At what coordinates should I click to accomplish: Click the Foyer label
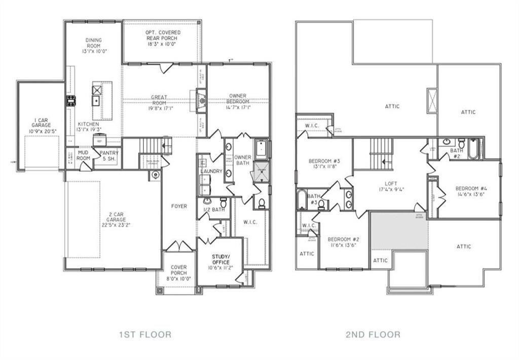point(179,206)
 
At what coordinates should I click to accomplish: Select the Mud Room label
point(83,155)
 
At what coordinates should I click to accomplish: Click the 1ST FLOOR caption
point(145,334)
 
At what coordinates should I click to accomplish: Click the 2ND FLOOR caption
point(374,334)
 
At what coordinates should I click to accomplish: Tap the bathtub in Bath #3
point(301,199)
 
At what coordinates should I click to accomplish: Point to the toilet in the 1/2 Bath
point(223,203)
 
